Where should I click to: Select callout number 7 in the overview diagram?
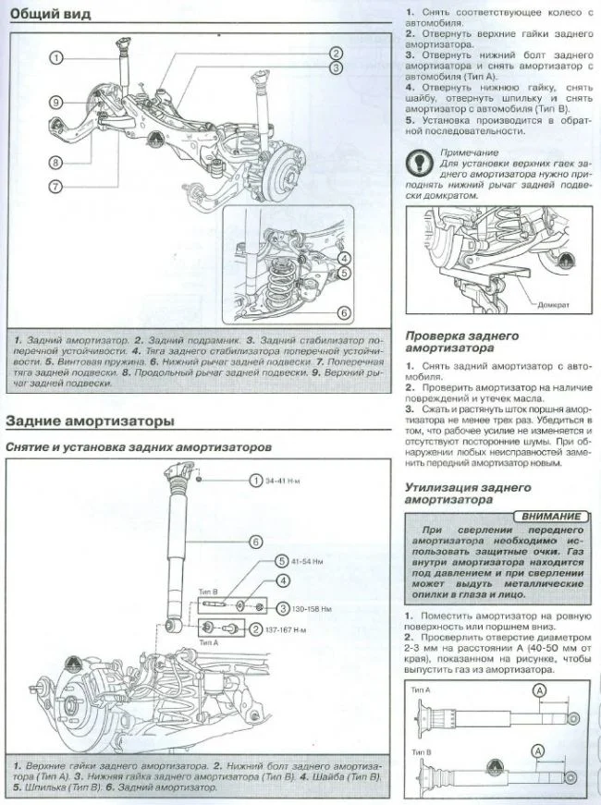point(55,186)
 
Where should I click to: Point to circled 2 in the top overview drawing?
point(336,53)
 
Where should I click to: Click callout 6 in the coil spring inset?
point(343,312)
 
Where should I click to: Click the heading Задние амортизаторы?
point(90,421)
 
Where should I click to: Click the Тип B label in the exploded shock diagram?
point(208,592)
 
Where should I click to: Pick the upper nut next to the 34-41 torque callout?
point(200,482)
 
